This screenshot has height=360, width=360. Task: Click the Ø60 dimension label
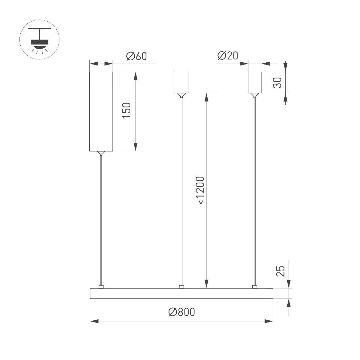[136, 56]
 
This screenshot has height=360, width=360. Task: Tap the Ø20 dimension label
[228, 56]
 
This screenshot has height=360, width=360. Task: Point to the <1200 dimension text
[200, 191]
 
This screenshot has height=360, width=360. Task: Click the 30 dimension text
[278, 82]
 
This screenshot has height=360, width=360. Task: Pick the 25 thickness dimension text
[280, 271]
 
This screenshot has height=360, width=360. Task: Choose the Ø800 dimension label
[181, 312]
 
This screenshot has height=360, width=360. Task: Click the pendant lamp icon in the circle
[39, 40]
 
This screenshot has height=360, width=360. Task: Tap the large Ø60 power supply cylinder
[101, 111]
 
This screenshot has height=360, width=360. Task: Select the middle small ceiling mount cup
[181, 82]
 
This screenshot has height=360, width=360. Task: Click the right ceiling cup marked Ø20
[255, 82]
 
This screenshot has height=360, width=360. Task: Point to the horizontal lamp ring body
[181, 293]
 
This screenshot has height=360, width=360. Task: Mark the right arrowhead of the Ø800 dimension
[269, 321]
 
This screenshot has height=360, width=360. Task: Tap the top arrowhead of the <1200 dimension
[206, 97]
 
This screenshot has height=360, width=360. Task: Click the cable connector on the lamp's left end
[101, 287]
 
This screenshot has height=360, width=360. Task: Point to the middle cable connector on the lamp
[181, 287]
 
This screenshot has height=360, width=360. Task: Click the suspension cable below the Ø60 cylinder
[101, 219]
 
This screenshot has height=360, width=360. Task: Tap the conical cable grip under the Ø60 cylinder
[101, 153]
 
